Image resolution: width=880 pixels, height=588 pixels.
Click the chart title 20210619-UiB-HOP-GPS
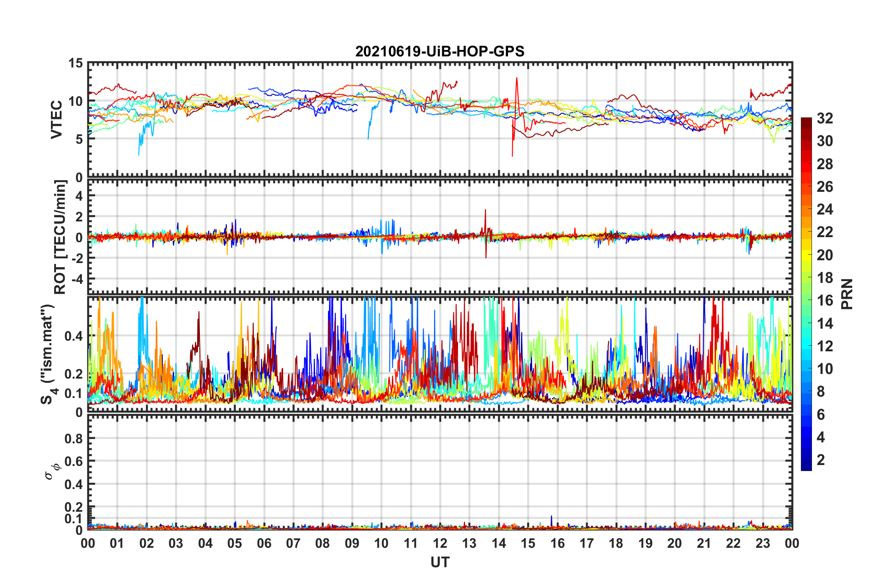point(440,51)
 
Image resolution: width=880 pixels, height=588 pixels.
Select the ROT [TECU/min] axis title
point(60,237)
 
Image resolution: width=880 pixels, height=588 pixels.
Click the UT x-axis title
point(440,562)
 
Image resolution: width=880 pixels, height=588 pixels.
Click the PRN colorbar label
point(847,294)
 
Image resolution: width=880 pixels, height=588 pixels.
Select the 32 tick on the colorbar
point(824,118)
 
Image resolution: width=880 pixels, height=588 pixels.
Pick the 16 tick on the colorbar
point(824,300)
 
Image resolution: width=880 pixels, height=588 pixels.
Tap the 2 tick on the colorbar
point(821,460)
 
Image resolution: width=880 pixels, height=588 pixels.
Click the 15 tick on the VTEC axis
point(76,63)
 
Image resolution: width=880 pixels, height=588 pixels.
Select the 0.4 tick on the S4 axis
point(74,336)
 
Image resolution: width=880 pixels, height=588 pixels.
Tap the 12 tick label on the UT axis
point(440,543)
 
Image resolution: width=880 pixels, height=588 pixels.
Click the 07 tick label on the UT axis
point(293,543)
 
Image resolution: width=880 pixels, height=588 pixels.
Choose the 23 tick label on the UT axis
point(763,543)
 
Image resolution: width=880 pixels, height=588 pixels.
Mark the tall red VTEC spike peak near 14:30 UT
point(516,78)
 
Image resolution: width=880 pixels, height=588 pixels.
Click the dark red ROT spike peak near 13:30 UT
point(485,210)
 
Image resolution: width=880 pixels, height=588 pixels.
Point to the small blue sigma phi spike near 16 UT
point(552,516)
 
